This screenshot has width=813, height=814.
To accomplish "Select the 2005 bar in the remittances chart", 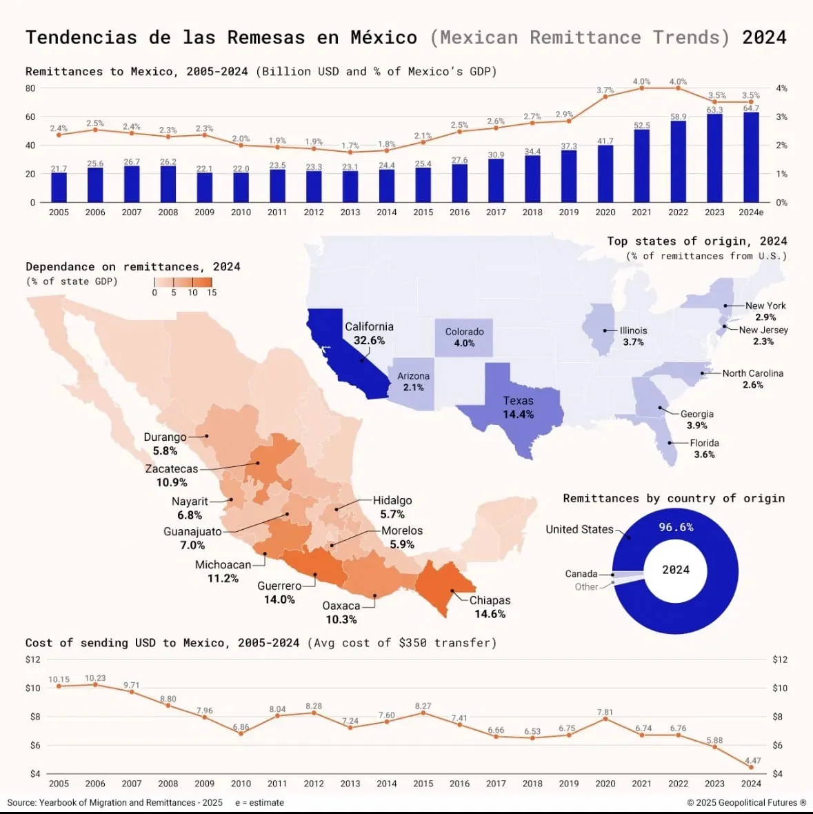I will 59,187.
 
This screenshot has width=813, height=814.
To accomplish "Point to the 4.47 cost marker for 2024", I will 751,767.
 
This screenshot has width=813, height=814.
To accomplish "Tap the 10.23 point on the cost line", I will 95,684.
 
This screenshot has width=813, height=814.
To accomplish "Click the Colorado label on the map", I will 464,332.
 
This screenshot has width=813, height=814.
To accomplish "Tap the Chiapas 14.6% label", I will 490,607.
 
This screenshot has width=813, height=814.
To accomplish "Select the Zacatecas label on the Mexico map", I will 172,469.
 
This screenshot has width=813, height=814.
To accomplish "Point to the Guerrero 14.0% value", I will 279,599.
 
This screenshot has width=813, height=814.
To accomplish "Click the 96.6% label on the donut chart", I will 676,527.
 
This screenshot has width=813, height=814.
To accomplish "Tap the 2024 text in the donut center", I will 676,570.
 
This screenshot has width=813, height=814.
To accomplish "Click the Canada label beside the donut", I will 581,574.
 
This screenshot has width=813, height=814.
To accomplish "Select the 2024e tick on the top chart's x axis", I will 751,212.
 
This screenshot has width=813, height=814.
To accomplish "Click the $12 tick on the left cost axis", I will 33,659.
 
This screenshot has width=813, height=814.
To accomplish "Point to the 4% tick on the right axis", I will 781,88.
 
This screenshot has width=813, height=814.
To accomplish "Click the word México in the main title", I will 383,37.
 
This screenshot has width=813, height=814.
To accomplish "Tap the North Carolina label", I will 752,373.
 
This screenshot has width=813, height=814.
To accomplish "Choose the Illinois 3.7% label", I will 633,336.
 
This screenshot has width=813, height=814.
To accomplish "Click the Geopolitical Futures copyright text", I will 746,802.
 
